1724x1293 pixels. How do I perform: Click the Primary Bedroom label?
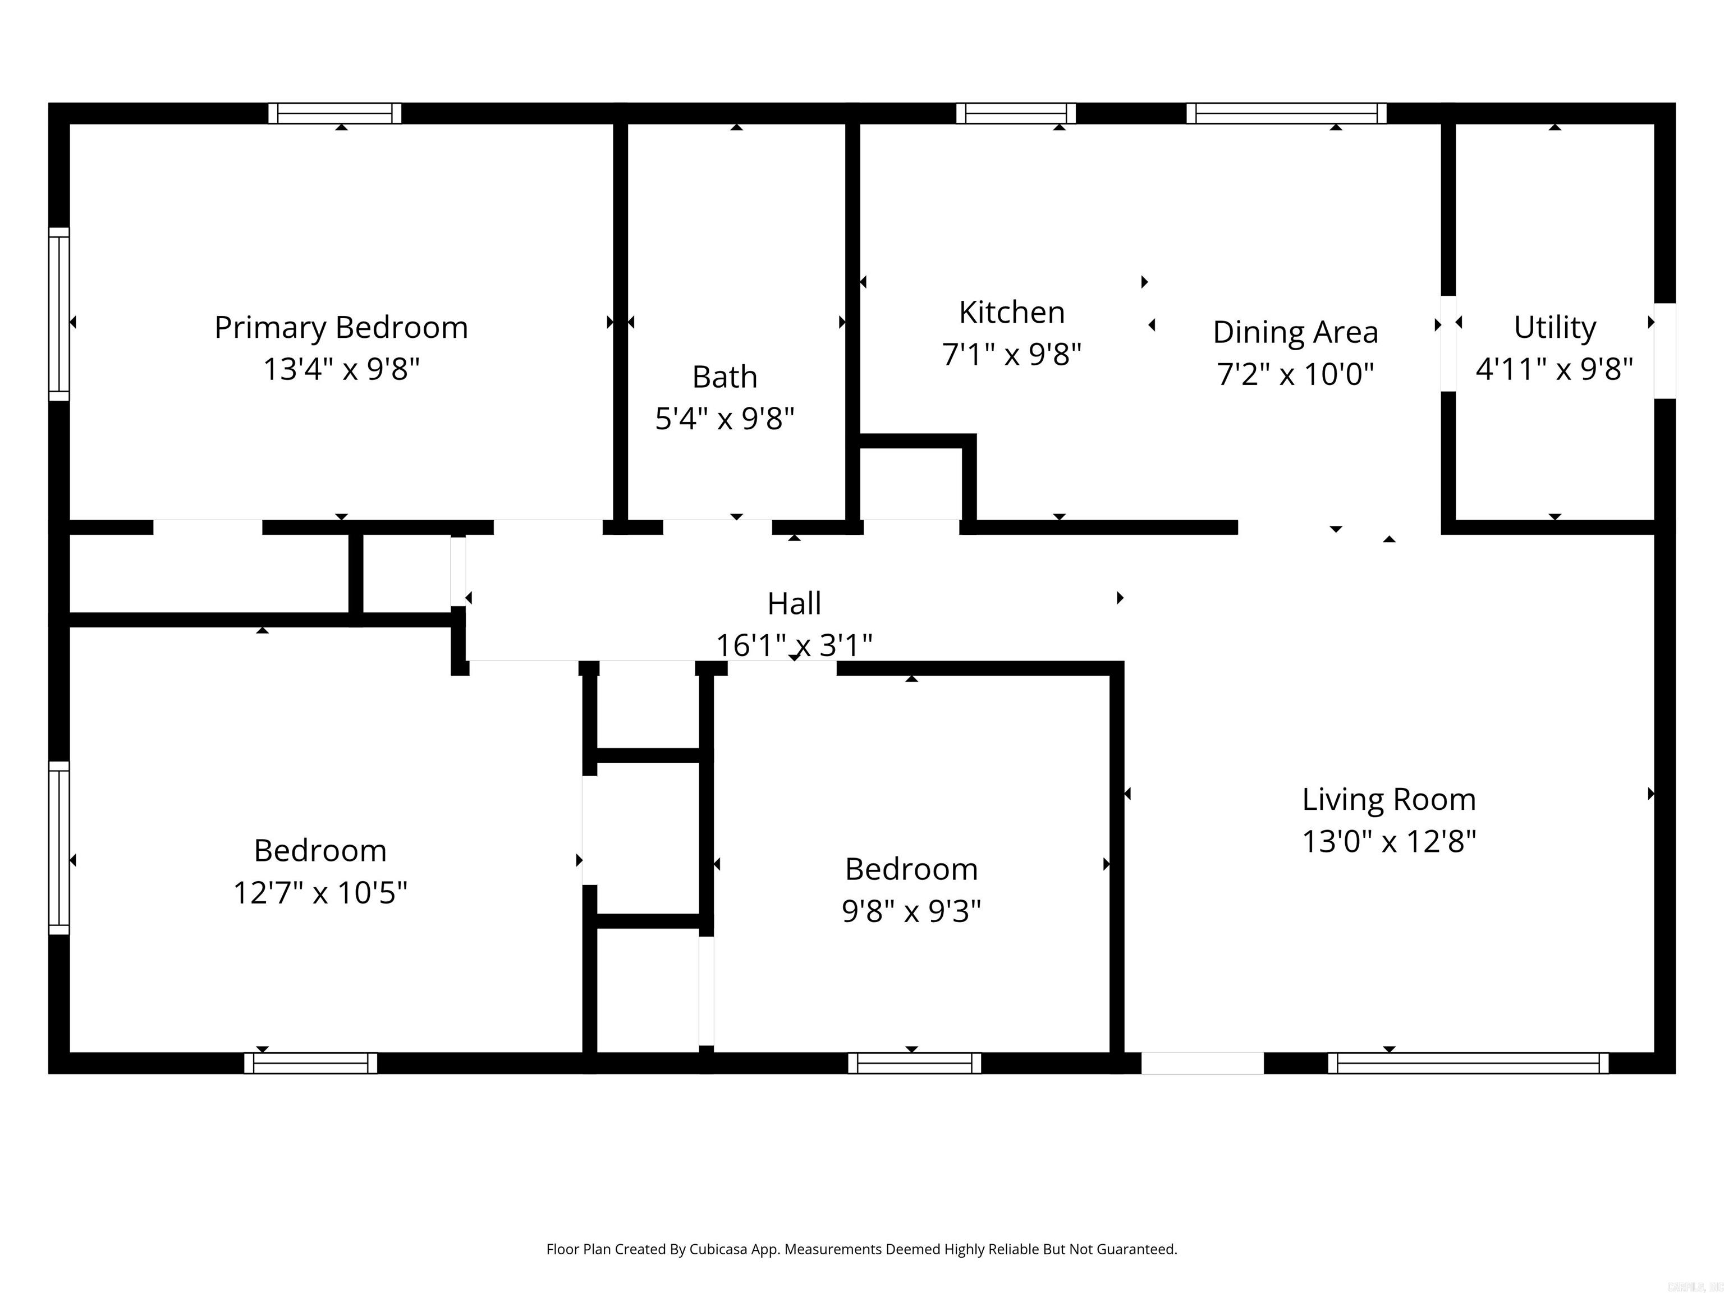coord(341,327)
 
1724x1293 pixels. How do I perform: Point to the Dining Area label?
coord(1295,332)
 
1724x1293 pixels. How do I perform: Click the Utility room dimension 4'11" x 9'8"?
coord(1553,369)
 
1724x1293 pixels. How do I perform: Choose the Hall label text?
coord(794,603)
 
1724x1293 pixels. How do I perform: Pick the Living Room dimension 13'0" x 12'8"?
coord(1389,841)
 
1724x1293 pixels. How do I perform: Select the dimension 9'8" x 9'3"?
coord(910,910)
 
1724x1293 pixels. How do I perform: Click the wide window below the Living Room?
coord(1468,1063)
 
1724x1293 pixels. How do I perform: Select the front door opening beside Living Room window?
coord(1202,1063)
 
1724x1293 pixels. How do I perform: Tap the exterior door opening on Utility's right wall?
coord(1665,351)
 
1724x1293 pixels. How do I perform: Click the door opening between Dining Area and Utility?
coord(1448,343)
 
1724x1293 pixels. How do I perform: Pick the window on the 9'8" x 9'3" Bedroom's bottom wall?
coord(914,1063)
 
